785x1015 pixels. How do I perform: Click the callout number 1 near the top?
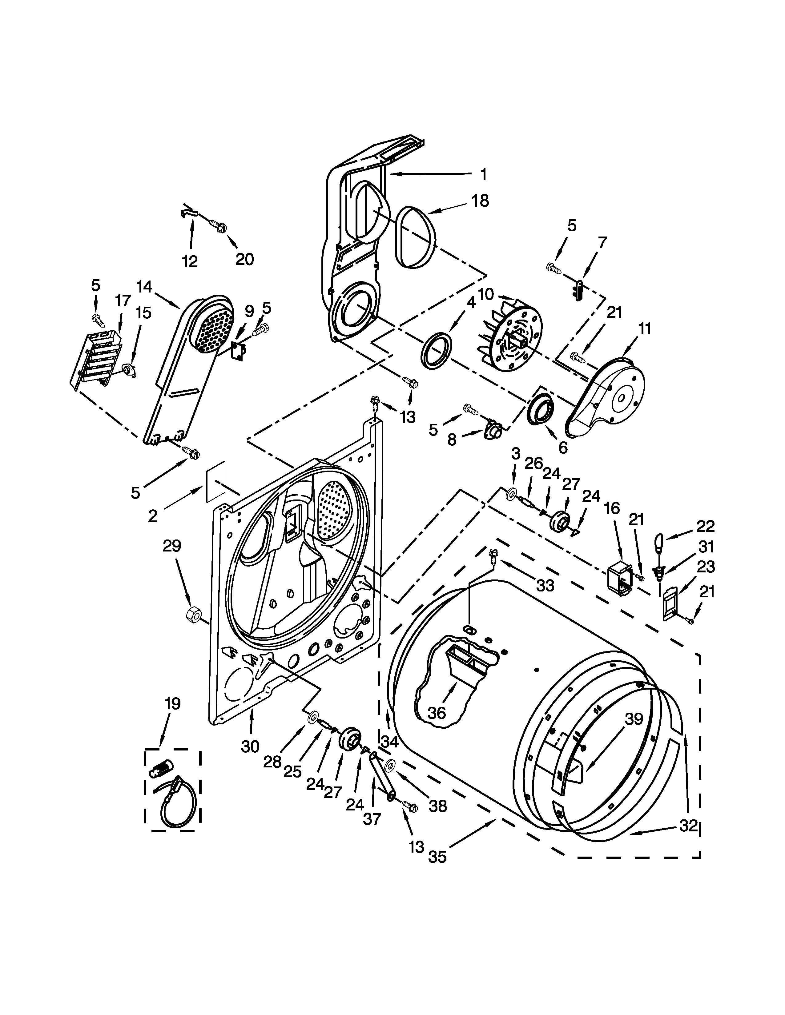484,175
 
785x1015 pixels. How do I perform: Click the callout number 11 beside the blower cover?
644,328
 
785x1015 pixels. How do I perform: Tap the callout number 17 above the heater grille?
123,301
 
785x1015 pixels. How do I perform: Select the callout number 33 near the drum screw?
545,586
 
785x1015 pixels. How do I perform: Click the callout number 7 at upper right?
602,242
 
